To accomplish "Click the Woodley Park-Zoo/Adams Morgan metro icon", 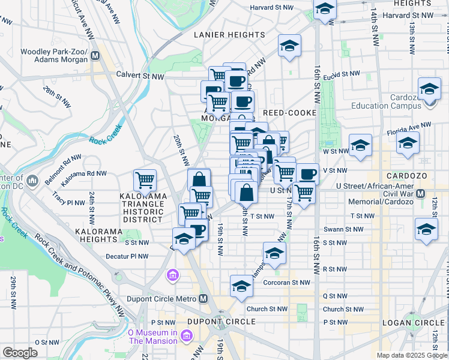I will tap(95, 57).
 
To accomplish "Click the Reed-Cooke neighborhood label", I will tap(286, 113).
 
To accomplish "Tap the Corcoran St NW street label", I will tap(288, 282).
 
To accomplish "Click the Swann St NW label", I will tap(342, 229).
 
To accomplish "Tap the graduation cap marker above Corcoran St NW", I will tap(241, 285).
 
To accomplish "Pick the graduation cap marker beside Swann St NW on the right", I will tap(426, 229).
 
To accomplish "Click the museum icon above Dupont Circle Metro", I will tap(173, 275).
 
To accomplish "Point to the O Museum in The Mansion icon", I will tap(186, 336).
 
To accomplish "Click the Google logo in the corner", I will tap(20, 353).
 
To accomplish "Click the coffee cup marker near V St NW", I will tap(307, 174).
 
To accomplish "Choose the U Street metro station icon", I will tap(421, 194).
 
